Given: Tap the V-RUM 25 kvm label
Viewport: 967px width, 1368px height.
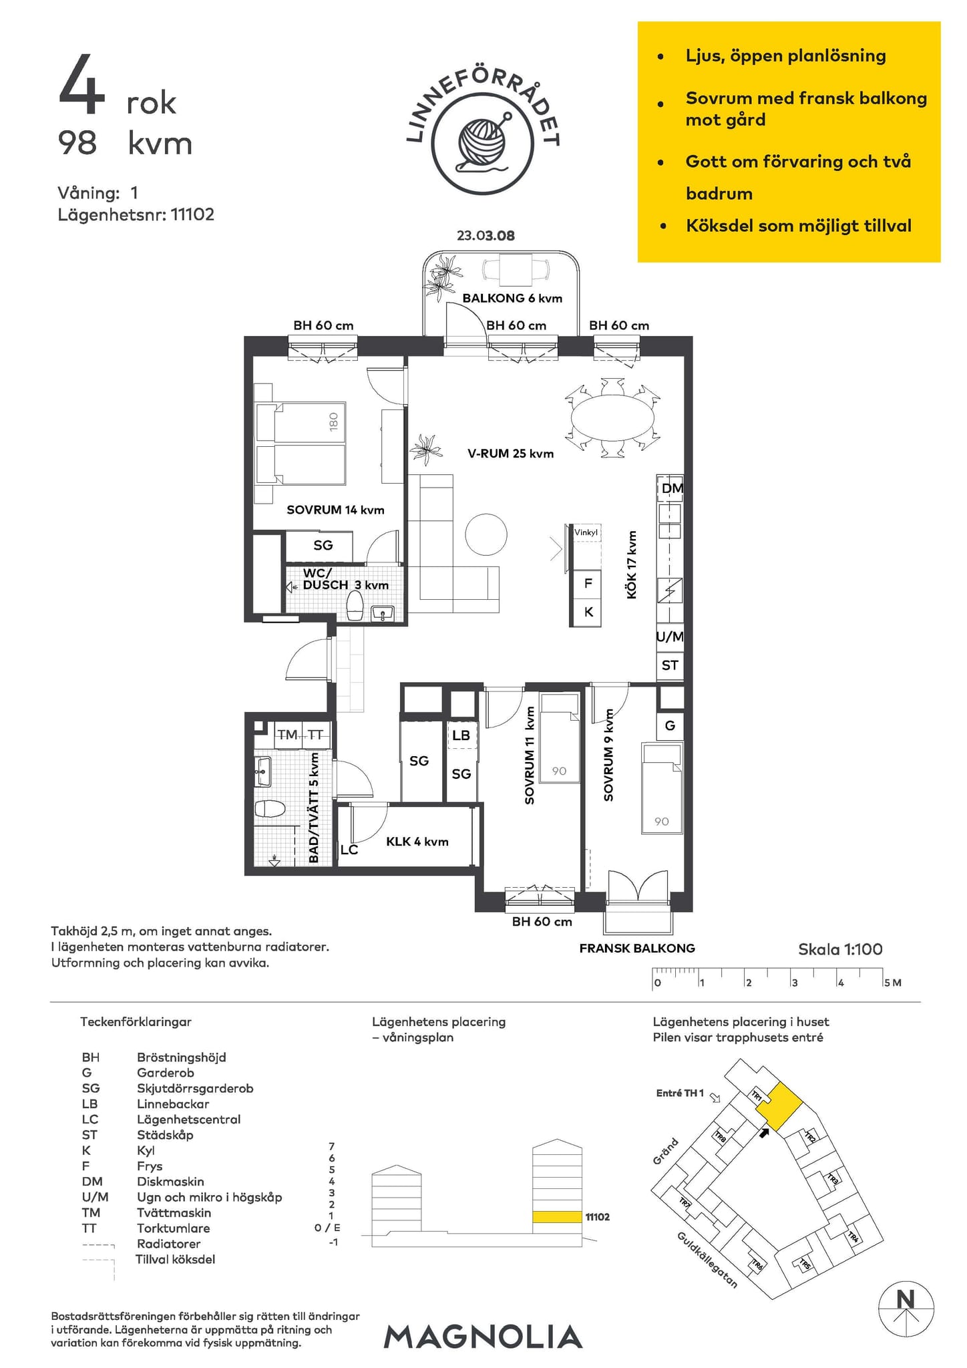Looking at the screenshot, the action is tap(511, 454).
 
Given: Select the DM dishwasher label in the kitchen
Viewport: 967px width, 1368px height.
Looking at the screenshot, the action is tap(672, 488).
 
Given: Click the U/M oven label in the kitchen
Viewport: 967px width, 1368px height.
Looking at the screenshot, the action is tap(670, 637).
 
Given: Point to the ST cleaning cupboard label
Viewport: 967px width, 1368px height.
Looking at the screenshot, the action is tap(670, 665).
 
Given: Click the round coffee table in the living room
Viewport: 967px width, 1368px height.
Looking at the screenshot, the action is tap(486, 534).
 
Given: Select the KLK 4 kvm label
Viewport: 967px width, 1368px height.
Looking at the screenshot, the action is tap(417, 842).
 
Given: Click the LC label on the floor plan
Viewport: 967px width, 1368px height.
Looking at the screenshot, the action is tap(349, 850).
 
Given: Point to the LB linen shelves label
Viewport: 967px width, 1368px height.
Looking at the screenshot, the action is tap(461, 735).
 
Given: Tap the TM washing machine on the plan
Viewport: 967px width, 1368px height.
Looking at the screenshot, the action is tap(288, 735).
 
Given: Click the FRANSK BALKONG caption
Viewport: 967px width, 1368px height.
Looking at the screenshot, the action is tap(637, 948).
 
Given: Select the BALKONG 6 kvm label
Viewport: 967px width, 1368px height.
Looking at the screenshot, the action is tap(512, 298).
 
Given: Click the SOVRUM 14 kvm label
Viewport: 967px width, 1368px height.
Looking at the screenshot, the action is tap(335, 510).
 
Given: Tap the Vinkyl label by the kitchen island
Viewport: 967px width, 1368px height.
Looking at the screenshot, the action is tap(586, 532).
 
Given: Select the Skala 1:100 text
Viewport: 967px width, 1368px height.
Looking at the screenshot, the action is tap(840, 949).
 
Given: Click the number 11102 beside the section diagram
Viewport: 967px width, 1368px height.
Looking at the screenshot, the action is tap(598, 1217).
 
